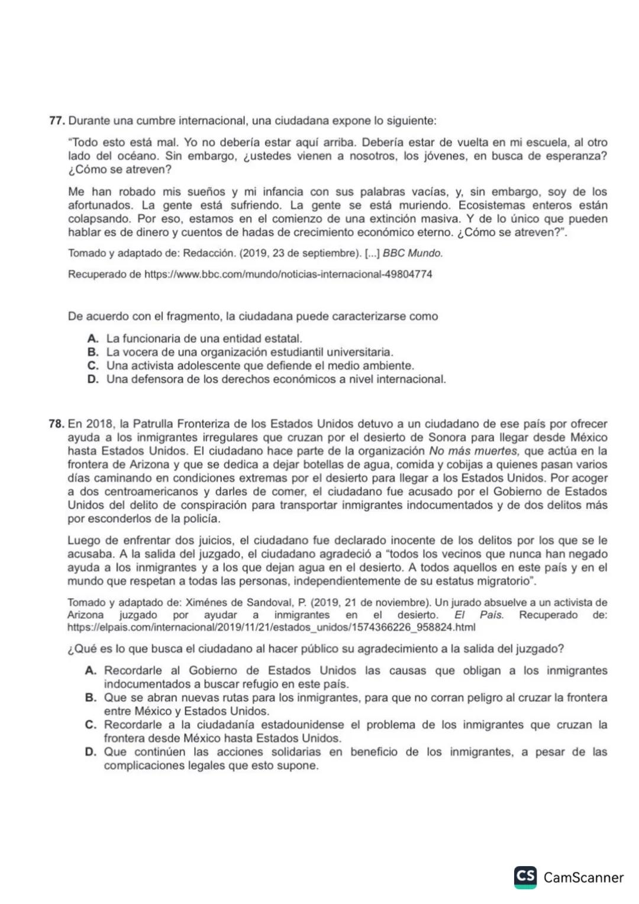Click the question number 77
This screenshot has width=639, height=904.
pos(56,121)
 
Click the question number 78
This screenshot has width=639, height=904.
pos(56,424)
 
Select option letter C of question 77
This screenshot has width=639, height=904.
pos(92,366)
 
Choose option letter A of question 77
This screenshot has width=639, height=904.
pos(92,338)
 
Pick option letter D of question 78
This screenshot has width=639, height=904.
pos(91,752)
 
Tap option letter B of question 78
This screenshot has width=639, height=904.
pos(91,698)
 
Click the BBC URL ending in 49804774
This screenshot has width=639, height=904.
pos(288,275)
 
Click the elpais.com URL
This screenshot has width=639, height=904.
pos(271,627)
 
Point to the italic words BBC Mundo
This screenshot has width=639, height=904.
pos(412,253)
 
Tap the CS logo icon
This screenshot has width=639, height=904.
pos(525,877)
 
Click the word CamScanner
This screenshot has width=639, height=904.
pos(583,877)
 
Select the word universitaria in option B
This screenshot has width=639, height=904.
pos(359,352)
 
